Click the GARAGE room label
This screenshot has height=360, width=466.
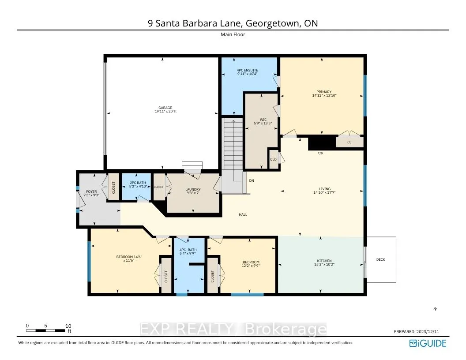click(163, 108)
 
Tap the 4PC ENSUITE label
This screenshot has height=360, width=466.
click(247, 70)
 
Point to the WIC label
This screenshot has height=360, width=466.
click(263, 120)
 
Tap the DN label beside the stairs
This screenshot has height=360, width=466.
click(252, 180)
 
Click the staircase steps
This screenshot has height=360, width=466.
click(233, 146)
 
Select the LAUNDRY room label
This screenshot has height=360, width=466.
click(193, 190)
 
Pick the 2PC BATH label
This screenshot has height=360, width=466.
click(135, 183)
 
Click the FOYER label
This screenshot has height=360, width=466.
click(91, 192)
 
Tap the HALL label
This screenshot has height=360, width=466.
click(243, 214)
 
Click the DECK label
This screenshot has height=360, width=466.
click(380, 259)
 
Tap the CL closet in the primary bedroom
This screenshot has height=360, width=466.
click(349, 142)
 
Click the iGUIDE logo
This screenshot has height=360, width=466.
click(428, 343)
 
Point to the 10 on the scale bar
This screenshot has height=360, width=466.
click(68, 326)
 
